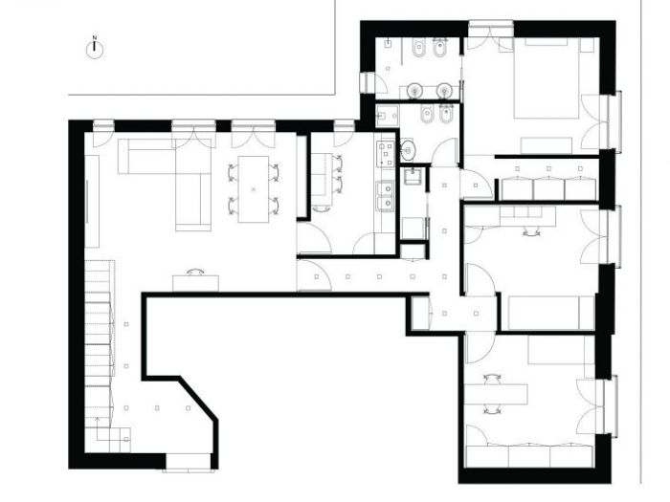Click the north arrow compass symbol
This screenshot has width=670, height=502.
[95, 49]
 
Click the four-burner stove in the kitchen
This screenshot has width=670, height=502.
[386, 152]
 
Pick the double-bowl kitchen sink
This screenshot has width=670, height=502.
[387, 197]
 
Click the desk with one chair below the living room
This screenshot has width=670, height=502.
[195, 281]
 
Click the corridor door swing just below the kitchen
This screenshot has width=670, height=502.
[314, 276]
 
